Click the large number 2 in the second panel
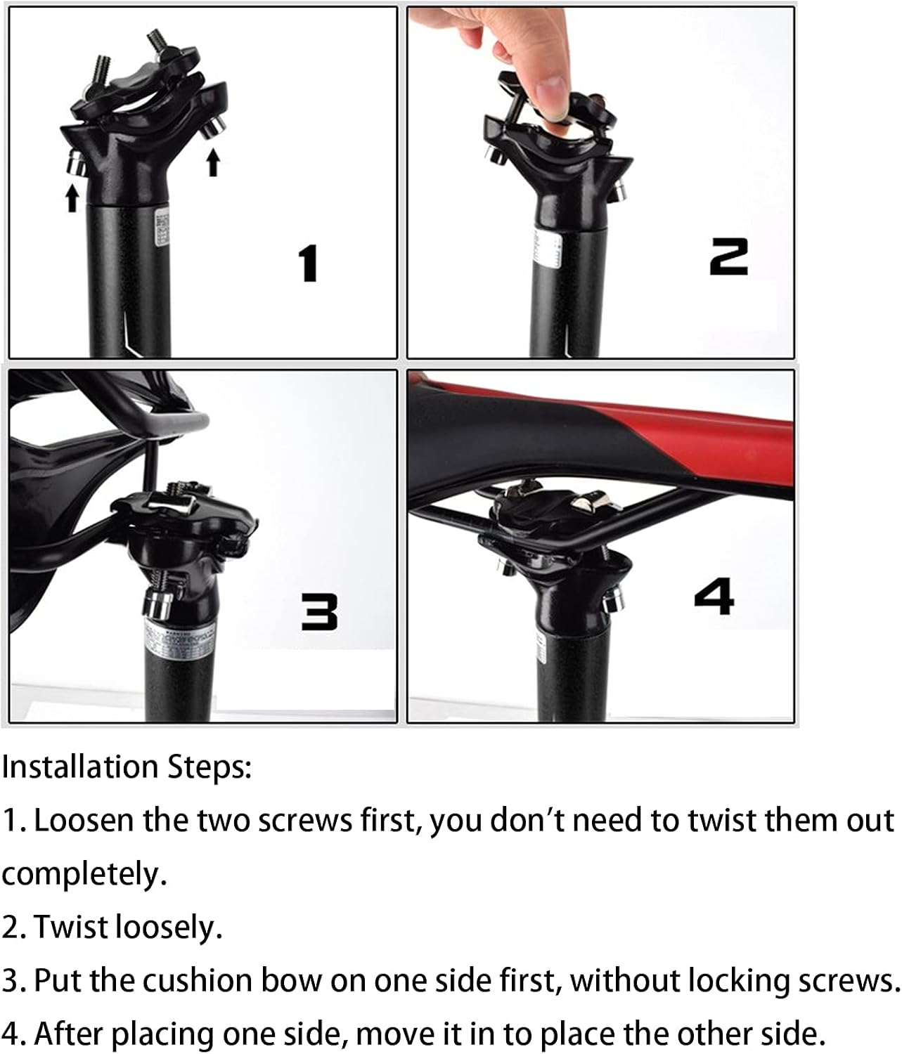point(728,256)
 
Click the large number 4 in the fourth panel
point(714,596)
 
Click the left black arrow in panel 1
point(72,197)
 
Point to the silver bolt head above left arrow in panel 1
point(74,163)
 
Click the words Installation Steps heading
point(127,767)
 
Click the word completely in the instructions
point(84,874)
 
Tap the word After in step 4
point(69,1034)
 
